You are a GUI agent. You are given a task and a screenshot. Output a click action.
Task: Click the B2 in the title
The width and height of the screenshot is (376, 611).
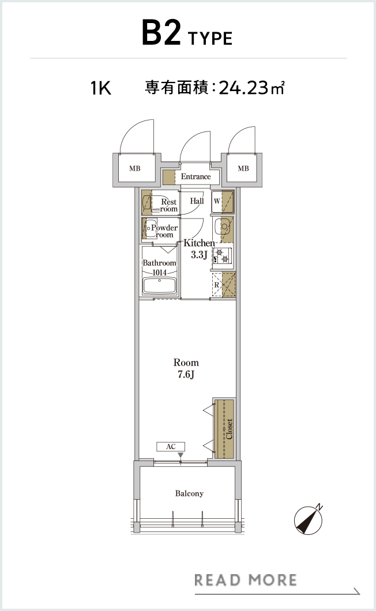click(161, 33)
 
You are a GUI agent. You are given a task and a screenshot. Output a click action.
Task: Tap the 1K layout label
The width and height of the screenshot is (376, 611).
click(101, 88)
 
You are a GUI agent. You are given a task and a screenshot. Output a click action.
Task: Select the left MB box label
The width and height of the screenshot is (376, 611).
click(135, 169)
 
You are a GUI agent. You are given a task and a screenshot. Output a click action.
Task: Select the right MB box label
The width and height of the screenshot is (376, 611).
click(243, 168)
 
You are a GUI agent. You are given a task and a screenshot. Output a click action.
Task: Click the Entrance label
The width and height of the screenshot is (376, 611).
click(196, 176)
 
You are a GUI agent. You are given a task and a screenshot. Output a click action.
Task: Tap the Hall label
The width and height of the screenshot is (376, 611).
click(197, 201)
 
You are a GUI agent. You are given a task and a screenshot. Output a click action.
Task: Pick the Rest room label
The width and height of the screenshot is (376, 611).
click(169, 205)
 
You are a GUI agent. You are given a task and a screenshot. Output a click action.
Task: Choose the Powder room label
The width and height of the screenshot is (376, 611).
click(164, 231)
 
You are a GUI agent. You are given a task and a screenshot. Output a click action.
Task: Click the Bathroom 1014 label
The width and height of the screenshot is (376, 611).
click(159, 267)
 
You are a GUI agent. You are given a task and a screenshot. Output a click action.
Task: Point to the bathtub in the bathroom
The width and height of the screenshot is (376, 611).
click(159, 285)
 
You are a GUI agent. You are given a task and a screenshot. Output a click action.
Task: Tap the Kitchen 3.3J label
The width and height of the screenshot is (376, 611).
click(199, 249)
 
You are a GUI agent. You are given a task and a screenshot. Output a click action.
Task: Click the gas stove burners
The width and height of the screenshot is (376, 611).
click(223, 255)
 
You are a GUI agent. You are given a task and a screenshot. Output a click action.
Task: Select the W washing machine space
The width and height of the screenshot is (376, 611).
click(223, 202)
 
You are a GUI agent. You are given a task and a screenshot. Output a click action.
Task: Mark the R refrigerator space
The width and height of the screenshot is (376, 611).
click(224, 284)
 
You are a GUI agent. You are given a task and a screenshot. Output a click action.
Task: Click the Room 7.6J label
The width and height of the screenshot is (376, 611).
click(186, 369)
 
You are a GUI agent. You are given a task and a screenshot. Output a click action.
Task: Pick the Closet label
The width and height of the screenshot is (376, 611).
click(229, 429)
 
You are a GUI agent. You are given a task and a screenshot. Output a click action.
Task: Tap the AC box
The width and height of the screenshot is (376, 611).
click(171, 447)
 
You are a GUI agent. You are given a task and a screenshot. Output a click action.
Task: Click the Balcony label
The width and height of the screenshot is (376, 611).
click(189, 493)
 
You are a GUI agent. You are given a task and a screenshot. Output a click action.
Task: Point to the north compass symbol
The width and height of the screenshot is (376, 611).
click(309, 519)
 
